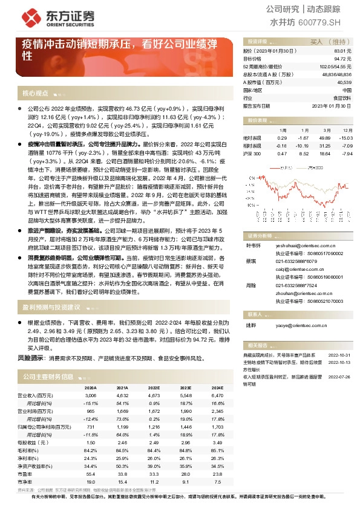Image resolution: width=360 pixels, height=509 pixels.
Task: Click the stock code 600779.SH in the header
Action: pos(321,22)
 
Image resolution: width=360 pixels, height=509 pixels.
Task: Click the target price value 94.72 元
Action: pos(343,59)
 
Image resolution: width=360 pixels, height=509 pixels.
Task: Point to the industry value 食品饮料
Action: pos(342,97)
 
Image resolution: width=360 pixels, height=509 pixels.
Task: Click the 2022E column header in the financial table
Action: pos(154,387)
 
